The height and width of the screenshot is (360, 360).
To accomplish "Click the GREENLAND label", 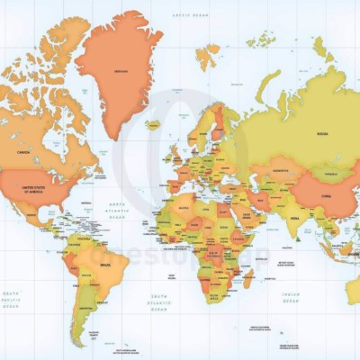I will tap(118, 72).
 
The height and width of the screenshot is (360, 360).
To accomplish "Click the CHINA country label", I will tap(321, 192).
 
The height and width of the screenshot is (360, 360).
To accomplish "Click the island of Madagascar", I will tap(247, 280).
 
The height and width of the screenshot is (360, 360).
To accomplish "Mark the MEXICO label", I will tap(36, 216).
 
